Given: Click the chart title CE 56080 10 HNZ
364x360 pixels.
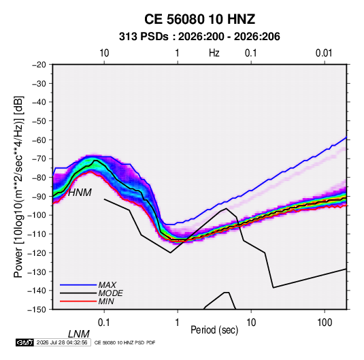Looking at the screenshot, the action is (x=199, y=19).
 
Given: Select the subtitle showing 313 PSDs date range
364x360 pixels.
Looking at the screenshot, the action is (x=199, y=37).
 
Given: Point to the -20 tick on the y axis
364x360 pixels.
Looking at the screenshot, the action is (x=39, y=65).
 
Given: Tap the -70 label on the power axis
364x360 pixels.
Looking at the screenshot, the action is (x=39, y=159).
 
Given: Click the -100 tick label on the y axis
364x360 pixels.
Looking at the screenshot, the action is (x=37, y=215).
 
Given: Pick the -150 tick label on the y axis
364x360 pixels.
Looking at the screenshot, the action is (x=37, y=310).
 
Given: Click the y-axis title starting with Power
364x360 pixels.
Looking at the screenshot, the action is (x=18, y=186).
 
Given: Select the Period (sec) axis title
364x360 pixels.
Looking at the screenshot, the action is (x=214, y=330).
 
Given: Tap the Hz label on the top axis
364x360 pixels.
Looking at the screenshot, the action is (x=214, y=53).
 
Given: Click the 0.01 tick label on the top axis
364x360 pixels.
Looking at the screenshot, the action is (x=324, y=53).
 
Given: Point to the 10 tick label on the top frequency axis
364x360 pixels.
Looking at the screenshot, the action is (x=104, y=53).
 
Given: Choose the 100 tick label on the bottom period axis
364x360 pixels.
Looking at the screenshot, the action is (x=325, y=323).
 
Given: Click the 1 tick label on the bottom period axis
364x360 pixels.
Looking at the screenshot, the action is (x=178, y=323).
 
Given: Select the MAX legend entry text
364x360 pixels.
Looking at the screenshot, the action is (x=107, y=285).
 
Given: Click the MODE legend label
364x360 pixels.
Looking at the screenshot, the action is (x=110, y=293).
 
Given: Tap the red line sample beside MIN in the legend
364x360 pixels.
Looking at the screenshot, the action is (x=78, y=301).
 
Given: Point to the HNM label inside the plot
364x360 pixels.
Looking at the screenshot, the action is (x=80, y=193).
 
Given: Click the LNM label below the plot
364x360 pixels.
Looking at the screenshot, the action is (x=79, y=334).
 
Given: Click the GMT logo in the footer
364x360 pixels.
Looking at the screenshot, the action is (x=24, y=342).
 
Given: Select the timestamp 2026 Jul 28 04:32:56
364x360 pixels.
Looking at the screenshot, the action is (x=62, y=342).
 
